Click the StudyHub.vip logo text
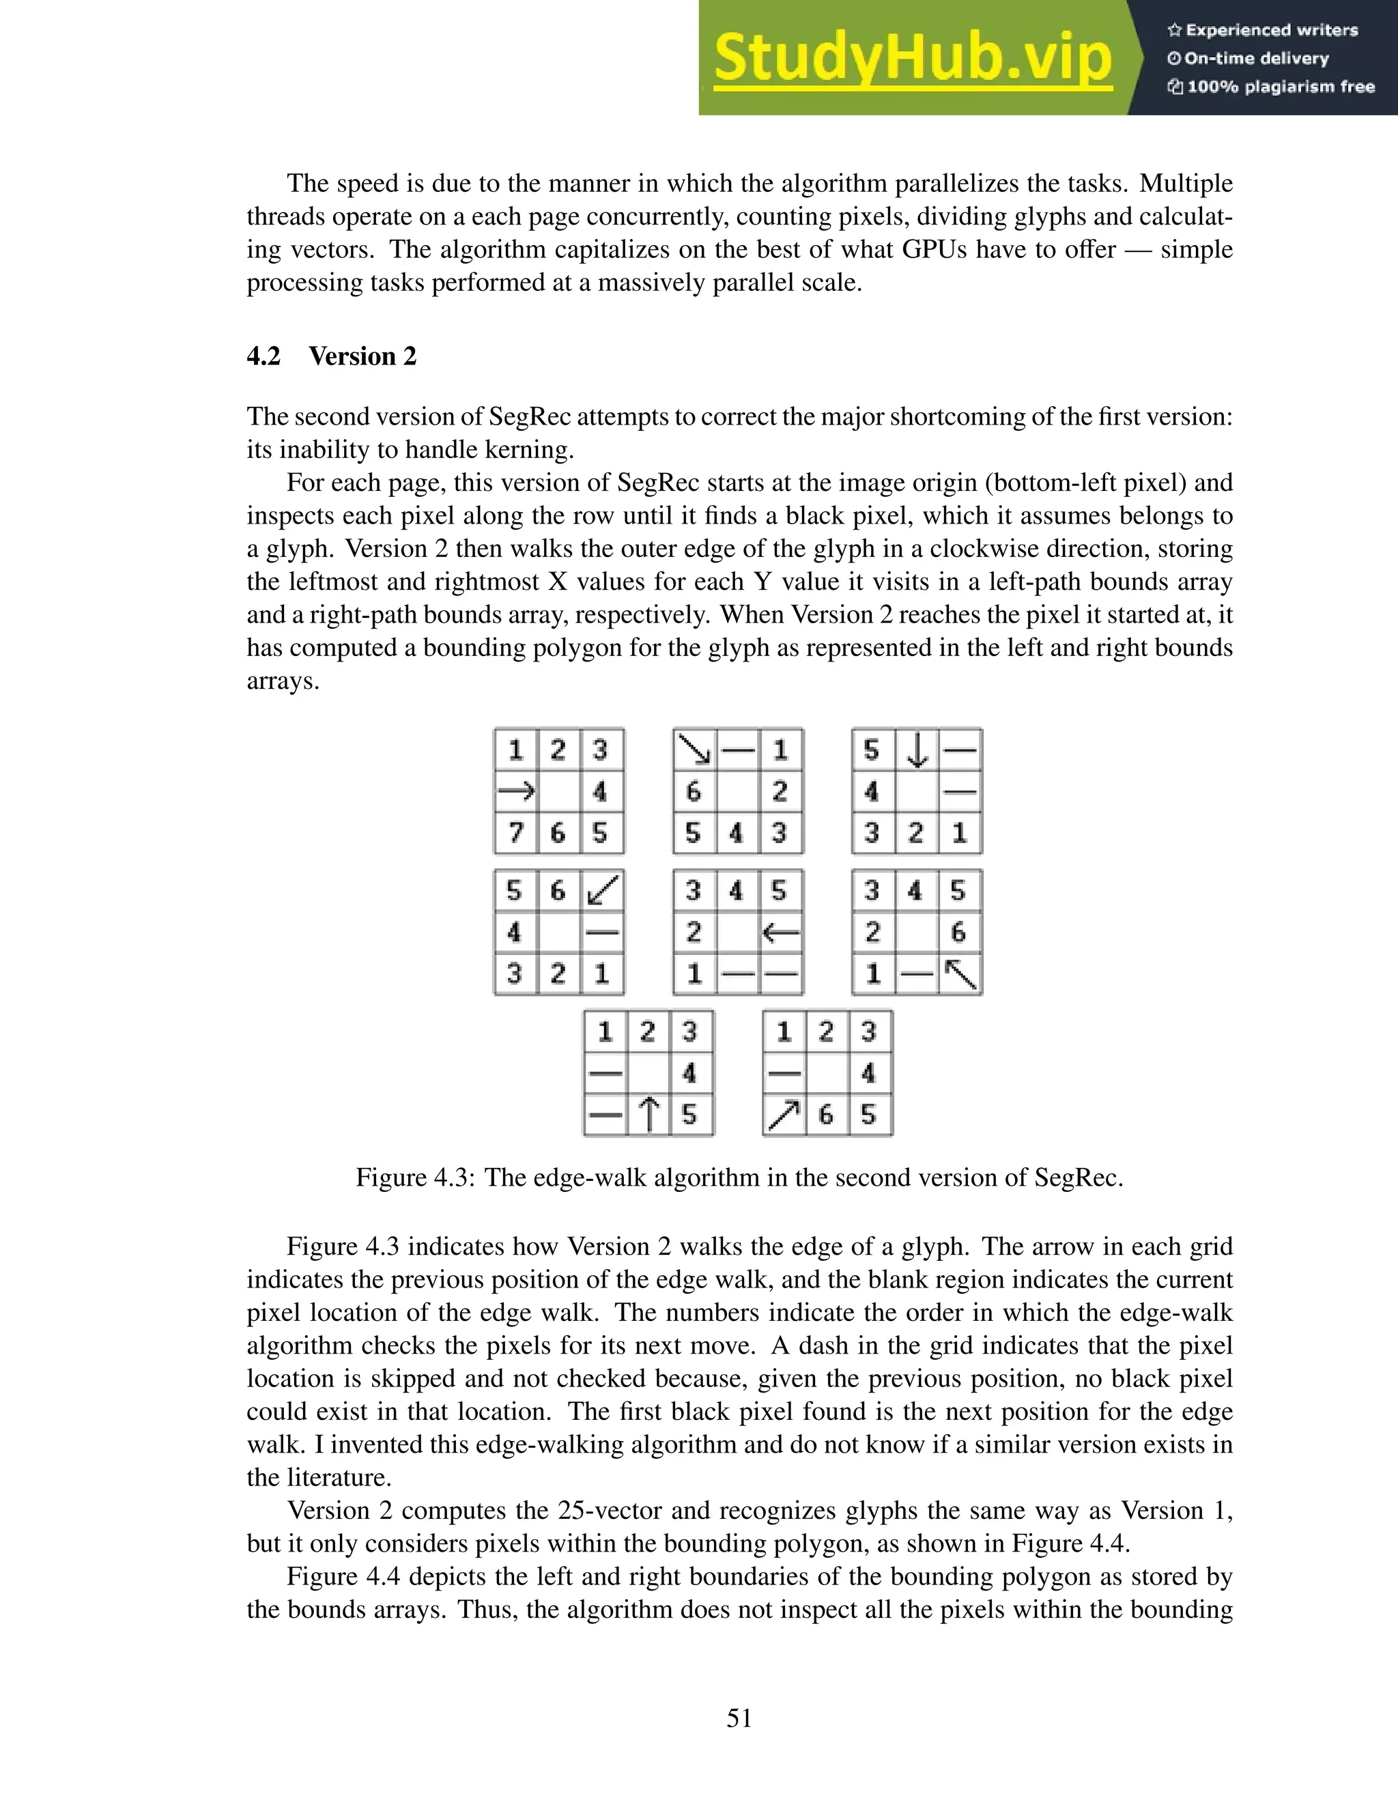coord(912,58)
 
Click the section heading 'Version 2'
coord(362,356)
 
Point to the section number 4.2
coord(263,356)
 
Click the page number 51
coord(739,1719)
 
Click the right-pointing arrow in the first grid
coord(516,792)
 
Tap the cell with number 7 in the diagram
coord(516,832)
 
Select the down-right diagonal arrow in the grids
coord(694,750)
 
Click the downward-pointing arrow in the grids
coord(916,750)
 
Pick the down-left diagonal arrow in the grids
coord(602,890)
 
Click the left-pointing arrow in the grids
coord(780,932)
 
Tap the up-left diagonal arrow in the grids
coord(960,974)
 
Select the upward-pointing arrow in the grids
coord(649,1115)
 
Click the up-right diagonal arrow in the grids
coord(783,1115)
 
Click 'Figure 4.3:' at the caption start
coord(415,1177)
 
